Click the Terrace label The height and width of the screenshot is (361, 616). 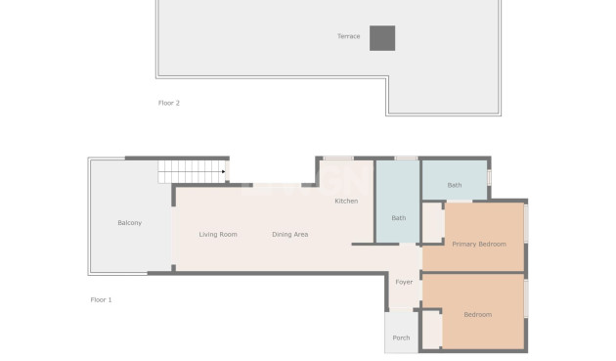click(349, 37)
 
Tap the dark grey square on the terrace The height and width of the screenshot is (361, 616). click(382, 38)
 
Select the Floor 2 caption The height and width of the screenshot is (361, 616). click(169, 103)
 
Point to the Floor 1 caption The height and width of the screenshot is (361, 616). click(101, 299)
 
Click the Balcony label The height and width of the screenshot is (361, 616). click(129, 223)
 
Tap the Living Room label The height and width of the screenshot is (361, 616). click(218, 235)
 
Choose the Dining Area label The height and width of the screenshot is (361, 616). click(290, 235)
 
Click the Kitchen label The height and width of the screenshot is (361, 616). click(346, 202)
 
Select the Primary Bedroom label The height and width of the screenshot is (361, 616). click(479, 244)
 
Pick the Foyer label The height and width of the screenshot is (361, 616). click(404, 282)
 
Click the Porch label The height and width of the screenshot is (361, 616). click(401, 338)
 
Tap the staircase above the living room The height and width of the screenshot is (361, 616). click(192, 173)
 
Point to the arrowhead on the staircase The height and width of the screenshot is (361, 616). click(224, 173)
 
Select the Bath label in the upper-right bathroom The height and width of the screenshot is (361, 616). click(455, 185)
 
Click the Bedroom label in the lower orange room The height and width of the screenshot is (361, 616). click(477, 315)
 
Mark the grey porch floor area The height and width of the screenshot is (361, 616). click(400, 328)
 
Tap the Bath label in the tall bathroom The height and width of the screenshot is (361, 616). click(398, 218)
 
